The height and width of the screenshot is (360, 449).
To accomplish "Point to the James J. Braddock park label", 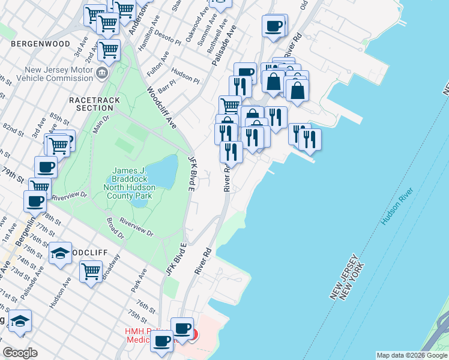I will pos(130,184).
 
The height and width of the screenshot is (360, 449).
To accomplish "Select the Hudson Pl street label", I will pos(187,77).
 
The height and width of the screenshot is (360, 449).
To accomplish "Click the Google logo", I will pos(20,353).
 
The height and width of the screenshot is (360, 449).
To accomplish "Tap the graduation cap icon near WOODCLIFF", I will pos(61,253).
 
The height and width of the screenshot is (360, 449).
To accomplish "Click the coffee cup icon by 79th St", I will pos(46,166).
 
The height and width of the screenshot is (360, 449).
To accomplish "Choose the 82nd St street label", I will pos(12,129).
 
